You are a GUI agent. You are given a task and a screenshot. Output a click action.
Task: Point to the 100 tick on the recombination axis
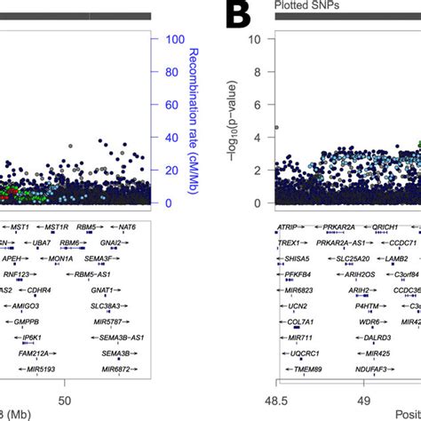pyautogui.click(x=173, y=40)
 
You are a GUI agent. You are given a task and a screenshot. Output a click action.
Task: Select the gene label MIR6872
pyautogui.click(x=115, y=369)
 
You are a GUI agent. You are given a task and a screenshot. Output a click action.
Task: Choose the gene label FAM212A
pyautogui.click(x=37, y=353)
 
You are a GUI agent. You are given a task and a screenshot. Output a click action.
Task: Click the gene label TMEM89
pyautogui.click(x=294, y=369)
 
